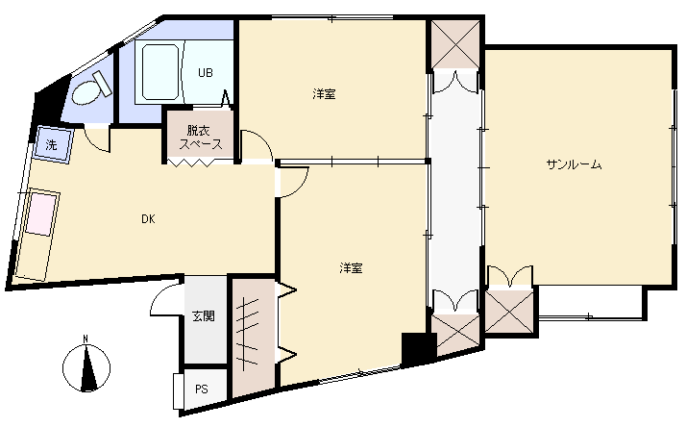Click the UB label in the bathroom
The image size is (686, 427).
click(206, 72)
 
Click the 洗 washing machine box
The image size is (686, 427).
click(53, 145)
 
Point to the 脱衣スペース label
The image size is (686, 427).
click(201, 138)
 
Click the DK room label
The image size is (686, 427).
click(148, 219)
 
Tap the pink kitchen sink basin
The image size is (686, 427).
click(43, 214)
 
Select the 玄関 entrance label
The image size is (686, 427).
click(204, 315)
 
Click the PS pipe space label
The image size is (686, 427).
click(202, 389)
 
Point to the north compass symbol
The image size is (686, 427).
click(86, 366)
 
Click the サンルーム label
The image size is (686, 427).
click(574, 164)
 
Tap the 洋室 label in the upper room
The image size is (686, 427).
click(325, 93)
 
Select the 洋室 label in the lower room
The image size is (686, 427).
click(352, 268)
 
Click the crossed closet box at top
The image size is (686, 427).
click(455, 44)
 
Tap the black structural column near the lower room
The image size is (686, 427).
click(419, 348)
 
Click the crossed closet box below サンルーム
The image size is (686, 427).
click(509, 311)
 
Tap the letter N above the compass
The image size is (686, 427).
click(86, 339)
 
